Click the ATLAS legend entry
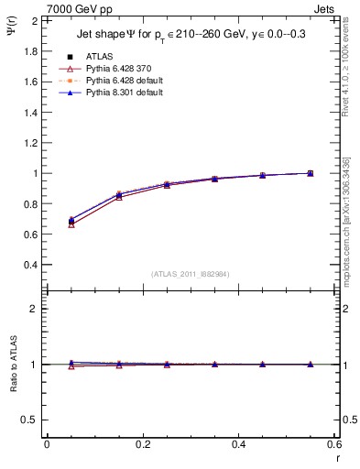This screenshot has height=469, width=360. [x=98, y=56]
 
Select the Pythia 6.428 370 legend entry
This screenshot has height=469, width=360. [x=117, y=69]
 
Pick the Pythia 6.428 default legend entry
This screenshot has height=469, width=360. [x=121, y=81]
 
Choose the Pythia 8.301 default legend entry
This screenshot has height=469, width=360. [x=121, y=93]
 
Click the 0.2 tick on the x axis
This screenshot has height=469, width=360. [x=142, y=443]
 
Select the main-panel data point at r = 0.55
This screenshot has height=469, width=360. [x=310, y=173]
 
